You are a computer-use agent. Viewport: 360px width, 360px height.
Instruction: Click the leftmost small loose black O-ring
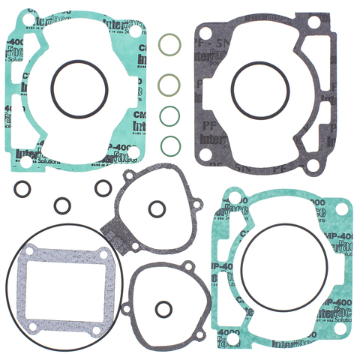tap(22, 187)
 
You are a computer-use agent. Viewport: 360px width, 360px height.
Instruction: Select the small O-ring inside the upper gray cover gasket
tap(156, 208)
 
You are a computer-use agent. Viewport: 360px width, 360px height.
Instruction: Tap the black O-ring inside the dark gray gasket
tap(260, 89)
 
